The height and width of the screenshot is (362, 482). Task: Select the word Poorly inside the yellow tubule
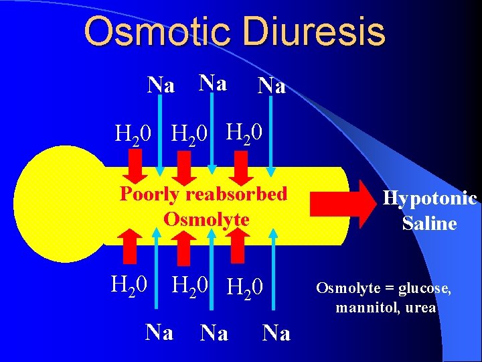coord(149,194)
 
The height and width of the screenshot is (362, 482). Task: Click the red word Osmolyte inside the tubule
coord(206,219)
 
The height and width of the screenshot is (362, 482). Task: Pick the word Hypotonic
coord(429,198)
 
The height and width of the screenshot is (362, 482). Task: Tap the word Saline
coord(429,223)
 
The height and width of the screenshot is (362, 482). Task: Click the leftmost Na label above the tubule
coord(161,86)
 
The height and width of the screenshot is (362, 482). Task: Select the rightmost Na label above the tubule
coord(272,86)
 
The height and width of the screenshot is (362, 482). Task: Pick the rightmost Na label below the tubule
coord(276,333)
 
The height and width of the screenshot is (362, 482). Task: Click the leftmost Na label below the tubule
coord(159,332)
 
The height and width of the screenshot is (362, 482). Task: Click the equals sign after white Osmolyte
coord(390,288)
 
